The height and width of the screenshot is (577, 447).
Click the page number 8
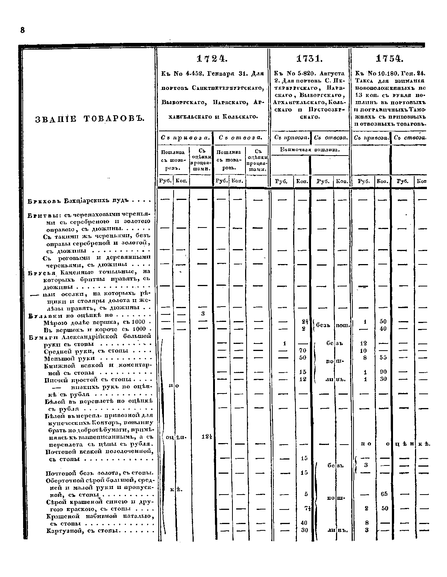(22, 30)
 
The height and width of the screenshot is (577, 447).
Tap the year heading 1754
(390, 59)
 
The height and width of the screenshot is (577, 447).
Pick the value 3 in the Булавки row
(202, 314)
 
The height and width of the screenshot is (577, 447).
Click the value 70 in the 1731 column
(302, 351)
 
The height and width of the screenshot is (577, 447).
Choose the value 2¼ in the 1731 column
(304, 322)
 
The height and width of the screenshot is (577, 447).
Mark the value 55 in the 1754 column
(384, 357)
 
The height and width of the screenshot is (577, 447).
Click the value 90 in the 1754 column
(384, 372)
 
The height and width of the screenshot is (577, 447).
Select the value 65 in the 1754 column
(384, 494)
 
